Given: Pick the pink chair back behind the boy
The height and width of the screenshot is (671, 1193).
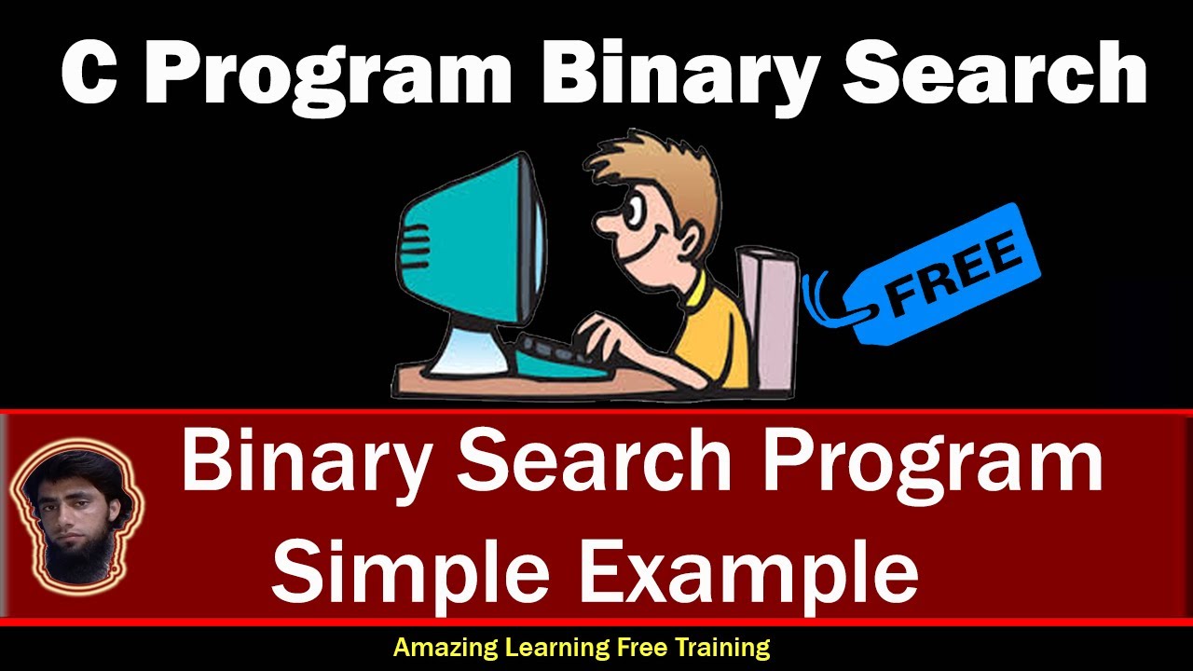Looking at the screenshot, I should tap(769, 317).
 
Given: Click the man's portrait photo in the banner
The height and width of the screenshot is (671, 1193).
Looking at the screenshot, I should tap(75, 517).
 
